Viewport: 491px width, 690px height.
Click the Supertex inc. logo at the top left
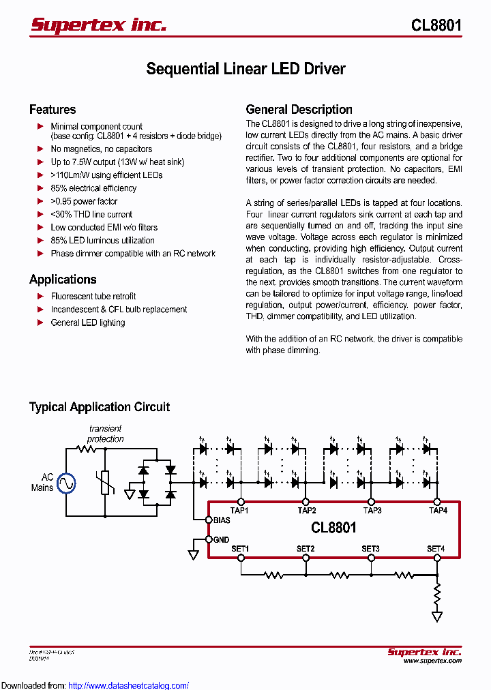pos(98,25)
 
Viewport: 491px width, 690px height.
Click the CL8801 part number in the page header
pos(436,25)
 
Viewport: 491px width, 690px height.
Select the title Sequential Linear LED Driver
pos(245,69)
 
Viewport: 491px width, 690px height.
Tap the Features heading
pos(53,110)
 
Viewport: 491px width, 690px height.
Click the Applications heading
pos(63,280)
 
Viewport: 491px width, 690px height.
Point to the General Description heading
pos(299,110)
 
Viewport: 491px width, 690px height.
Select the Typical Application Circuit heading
pos(100,407)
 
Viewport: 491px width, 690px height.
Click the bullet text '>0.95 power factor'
pos(84,201)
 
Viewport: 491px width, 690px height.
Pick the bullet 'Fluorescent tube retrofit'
pos(93,296)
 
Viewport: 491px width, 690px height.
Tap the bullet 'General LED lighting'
pos(88,322)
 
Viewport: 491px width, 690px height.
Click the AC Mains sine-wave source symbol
pos(66,483)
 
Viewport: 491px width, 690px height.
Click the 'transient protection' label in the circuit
pos(106,434)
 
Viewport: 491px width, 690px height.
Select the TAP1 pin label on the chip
pos(239,510)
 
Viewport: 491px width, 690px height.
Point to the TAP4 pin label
pos(437,510)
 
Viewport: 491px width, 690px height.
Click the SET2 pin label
pos(306,549)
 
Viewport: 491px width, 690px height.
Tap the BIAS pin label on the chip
pos(222,520)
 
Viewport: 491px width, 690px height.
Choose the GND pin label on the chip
pos(221,539)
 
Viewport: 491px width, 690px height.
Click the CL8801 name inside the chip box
pos(333,528)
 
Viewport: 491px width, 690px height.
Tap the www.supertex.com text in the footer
pos(432,661)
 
